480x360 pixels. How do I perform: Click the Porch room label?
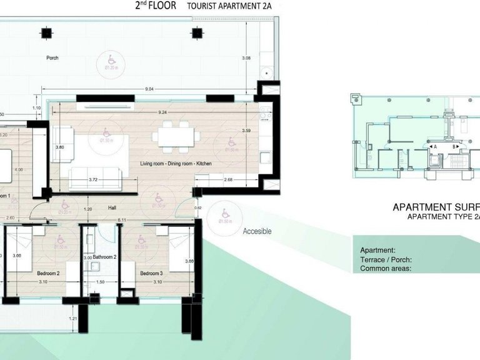(52, 59)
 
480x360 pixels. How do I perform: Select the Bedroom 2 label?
(48, 274)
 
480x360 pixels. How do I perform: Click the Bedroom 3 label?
(151, 274)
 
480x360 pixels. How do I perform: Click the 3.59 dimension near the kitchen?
(246, 131)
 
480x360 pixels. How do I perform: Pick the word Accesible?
(257, 231)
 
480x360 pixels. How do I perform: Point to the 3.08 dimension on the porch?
(246, 59)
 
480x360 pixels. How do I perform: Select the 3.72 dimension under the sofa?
(93, 180)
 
